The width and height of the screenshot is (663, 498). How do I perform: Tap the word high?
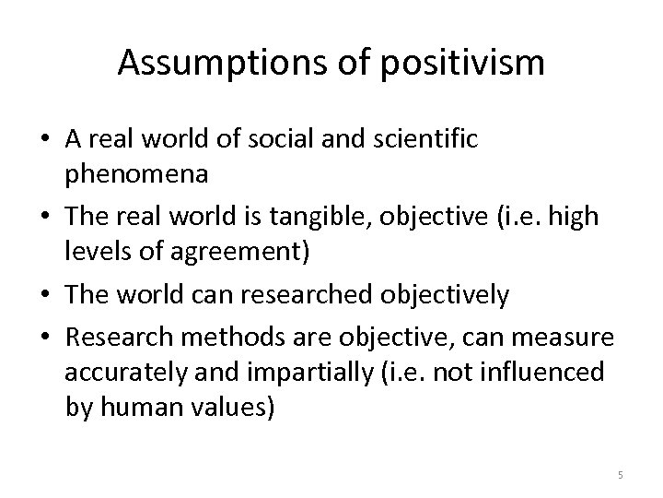pyautogui.click(x=576, y=218)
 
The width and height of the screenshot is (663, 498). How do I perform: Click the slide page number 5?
pyautogui.click(x=621, y=475)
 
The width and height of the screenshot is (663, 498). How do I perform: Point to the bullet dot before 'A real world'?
pyautogui.click(x=44, y=140)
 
